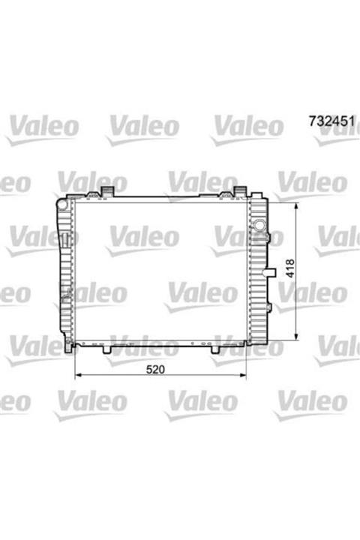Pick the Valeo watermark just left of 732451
[247, 128]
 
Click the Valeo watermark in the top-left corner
[41, 128]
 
